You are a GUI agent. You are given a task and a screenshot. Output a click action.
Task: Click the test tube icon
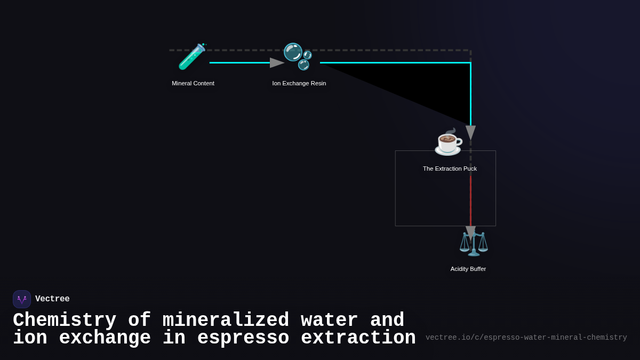tap(191, 57)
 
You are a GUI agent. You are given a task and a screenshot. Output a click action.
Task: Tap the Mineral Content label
tap(193, 83)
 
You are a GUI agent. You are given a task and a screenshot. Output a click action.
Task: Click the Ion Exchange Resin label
tap(299, 83)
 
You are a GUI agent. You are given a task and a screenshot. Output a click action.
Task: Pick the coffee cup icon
tap(448, 142)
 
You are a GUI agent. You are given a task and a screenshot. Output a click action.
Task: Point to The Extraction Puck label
tap(450, 169)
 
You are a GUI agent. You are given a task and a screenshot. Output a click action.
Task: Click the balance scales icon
tap(474, 244)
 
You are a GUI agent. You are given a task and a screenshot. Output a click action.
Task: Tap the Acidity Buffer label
tap(468, 269)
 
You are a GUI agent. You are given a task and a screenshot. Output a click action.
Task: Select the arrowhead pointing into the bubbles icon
tap(276, 63)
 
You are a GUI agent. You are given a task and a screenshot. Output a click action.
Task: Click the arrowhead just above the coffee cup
tap(470, 132)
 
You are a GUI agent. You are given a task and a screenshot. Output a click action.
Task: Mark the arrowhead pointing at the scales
tap(470, 232)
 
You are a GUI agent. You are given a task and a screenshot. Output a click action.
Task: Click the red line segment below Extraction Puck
tap(470, 200)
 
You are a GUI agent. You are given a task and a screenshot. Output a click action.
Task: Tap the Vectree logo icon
tap(22, 299)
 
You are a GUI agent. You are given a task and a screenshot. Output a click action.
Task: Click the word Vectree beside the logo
tap(52, 299)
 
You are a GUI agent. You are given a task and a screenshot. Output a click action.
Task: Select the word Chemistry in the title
tap(65, 321)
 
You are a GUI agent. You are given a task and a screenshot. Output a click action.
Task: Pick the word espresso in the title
tap(243, 338)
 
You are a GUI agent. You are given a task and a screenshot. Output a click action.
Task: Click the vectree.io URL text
tap(526, 338)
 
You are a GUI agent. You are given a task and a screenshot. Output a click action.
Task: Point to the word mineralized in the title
tap(226, 321)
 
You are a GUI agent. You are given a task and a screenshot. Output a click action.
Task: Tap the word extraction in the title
tap(358, 338)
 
